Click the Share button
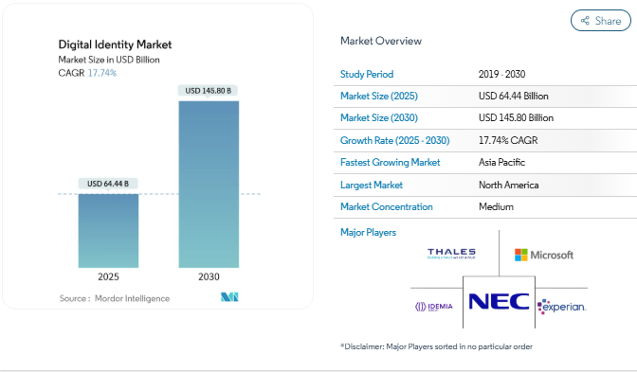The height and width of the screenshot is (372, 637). click(x=600, y=20)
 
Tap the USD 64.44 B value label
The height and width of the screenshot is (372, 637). click(x=108, y=184)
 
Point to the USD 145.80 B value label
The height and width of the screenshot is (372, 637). click(x=209, y=91)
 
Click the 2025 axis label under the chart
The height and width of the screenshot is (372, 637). click(x=108, y=277)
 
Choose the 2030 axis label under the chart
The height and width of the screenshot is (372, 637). click(x=209, y=277)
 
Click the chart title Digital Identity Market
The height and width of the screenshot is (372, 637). click(x=116, y=44)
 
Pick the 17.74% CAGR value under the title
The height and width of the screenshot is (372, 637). click(x=102, y=73)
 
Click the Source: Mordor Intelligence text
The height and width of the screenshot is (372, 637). click(x=115, y=298)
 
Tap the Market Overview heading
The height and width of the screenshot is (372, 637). click(x=381, y=41)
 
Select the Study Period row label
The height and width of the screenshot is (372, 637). click(x=367, y=74)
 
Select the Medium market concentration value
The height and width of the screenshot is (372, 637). click(x=496, y=206)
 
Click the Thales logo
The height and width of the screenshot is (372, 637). click(x=451, y=254)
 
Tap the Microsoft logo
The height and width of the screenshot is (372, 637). click(x=544, y=255)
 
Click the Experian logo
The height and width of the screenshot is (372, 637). click(x=562, y=307)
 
